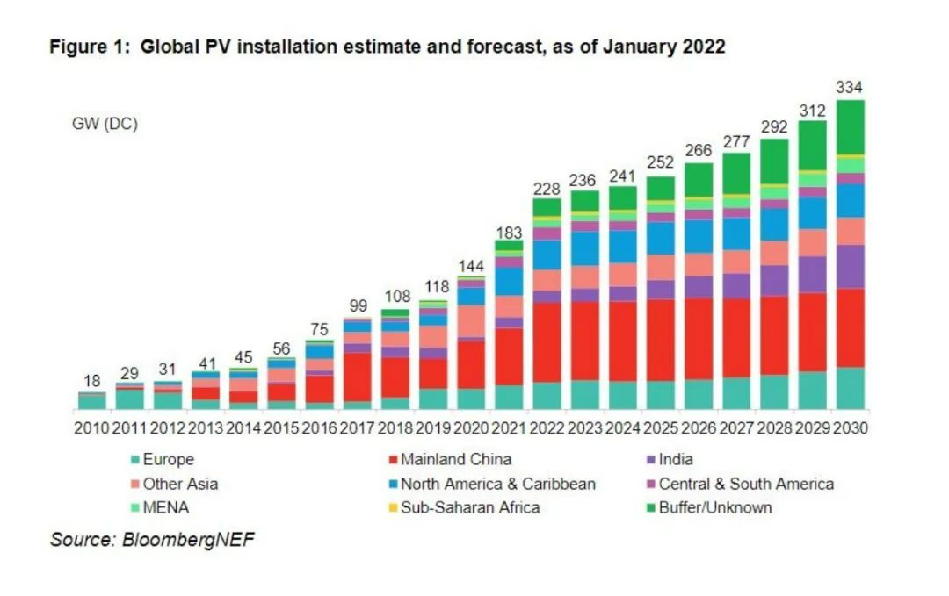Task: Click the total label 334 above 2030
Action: (851, 87)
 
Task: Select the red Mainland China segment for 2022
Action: (547, 342)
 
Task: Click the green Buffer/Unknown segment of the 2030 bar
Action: (851, 127)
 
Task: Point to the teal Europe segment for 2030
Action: (851, 388)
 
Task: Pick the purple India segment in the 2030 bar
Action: (851, 267)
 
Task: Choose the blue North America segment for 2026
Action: (699, 236)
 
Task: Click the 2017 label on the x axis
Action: (357, 429)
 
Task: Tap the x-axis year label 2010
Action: (91, 429)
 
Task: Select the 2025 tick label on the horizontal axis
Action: (661, 429)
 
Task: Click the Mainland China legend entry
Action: (455, 459)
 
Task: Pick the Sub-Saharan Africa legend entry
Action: (469, 507)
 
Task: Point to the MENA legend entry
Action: (166, 507)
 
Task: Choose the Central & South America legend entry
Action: (745, 484)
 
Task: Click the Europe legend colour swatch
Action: (135, 459)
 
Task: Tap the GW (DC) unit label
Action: (105, 124)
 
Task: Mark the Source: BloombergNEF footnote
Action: (152, 540)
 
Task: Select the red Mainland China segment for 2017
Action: (357, 377)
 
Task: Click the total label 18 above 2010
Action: (91, 382)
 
